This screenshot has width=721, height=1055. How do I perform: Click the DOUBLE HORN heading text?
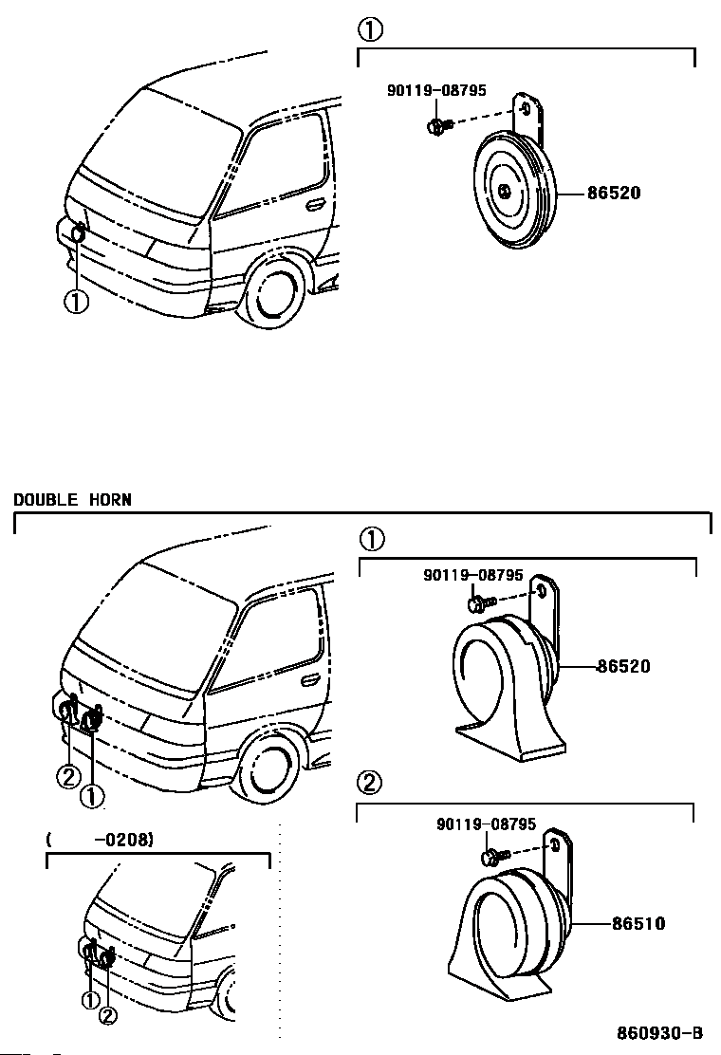click(x=73, y=500)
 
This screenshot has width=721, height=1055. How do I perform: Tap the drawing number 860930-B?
click(x=659, y=1032)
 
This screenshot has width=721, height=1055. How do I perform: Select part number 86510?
click(x=638, y=923)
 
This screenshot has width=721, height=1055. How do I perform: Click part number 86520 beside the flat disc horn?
click(x=614, y=194)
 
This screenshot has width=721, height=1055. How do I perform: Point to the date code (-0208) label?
click(x=100, y=839)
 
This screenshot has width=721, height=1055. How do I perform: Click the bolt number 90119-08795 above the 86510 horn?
click(x=487, y=824)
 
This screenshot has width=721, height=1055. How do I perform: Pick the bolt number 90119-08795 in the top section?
click(x=436, y=90)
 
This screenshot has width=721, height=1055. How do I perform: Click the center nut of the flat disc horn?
click(x=505, y=191)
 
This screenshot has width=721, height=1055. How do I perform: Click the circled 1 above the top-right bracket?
click(x=371, y=29)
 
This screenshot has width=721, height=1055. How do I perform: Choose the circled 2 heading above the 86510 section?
click(x=371, y=782)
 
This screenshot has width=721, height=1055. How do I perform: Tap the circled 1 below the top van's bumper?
click(x=76, y=301)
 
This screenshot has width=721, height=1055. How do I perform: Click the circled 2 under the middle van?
click(x=68, y=778)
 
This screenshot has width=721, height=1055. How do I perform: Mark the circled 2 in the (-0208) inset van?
click(x=107, y=1016)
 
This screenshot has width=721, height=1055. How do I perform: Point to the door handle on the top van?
click(x=314, y=204)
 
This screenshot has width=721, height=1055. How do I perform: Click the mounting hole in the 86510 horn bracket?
click(x=556, y=845)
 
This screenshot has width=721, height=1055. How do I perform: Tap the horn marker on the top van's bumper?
click(x=79, y=232)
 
